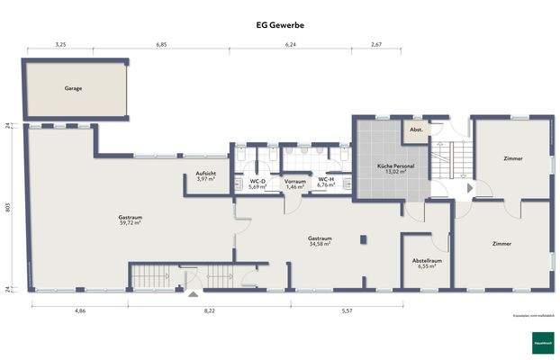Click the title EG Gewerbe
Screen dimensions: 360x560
(279, 25)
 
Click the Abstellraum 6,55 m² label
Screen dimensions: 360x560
(424, 263)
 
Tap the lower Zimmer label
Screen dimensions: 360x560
(503, 244)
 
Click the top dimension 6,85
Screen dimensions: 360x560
(162, 43)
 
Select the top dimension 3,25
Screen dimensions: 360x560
(60, 43)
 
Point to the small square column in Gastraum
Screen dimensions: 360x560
(362, 239)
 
